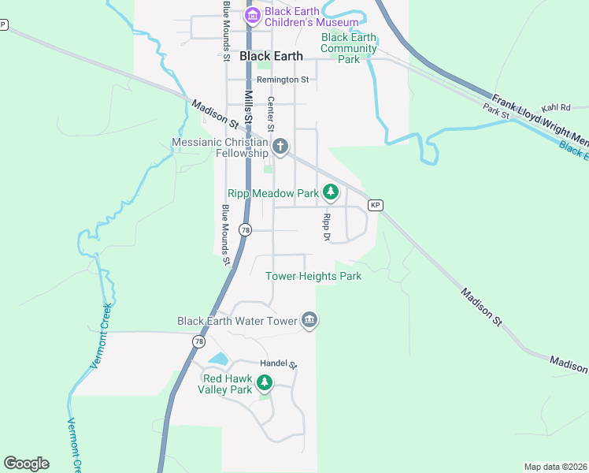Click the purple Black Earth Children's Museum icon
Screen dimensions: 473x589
pyautogui.click(x=253, y=15)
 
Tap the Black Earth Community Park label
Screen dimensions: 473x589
pyautogui.click(x=349, y=48)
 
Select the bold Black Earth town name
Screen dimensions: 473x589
pyautogui.click(x=271, y=56)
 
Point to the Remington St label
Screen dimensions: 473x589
pyautogui.click(x=283, y=80)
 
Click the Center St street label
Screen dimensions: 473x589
pyautogui.click(x=271, y=114)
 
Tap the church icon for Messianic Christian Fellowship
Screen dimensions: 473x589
pyautogui.click(x=280, y=146)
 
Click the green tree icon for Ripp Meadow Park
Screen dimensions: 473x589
pyautogui.click(x=332, y=192)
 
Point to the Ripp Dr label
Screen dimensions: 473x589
pyautogui.click(x=324, y=226)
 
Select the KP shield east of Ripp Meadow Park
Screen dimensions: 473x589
pyautogui.click(x=376, y=206)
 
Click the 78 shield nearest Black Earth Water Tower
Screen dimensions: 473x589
pyautogui.click(x=198, y=341)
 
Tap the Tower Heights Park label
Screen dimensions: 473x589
pyautogui.click(x=313, y=276)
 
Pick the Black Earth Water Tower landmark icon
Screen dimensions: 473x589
pyautogui.click(x=309, y=320)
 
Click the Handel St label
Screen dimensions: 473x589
pyautogui.click(x=279, y=364)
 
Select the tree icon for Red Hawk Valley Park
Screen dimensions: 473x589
pyautogui.click(x=265, y=382)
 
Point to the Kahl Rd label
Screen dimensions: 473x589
pyautogui.click(x=555, y=108)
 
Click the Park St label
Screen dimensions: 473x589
pyautogui.click(x=497, y=114)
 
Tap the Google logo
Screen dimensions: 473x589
pyautogui.click(x=26, y=464)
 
